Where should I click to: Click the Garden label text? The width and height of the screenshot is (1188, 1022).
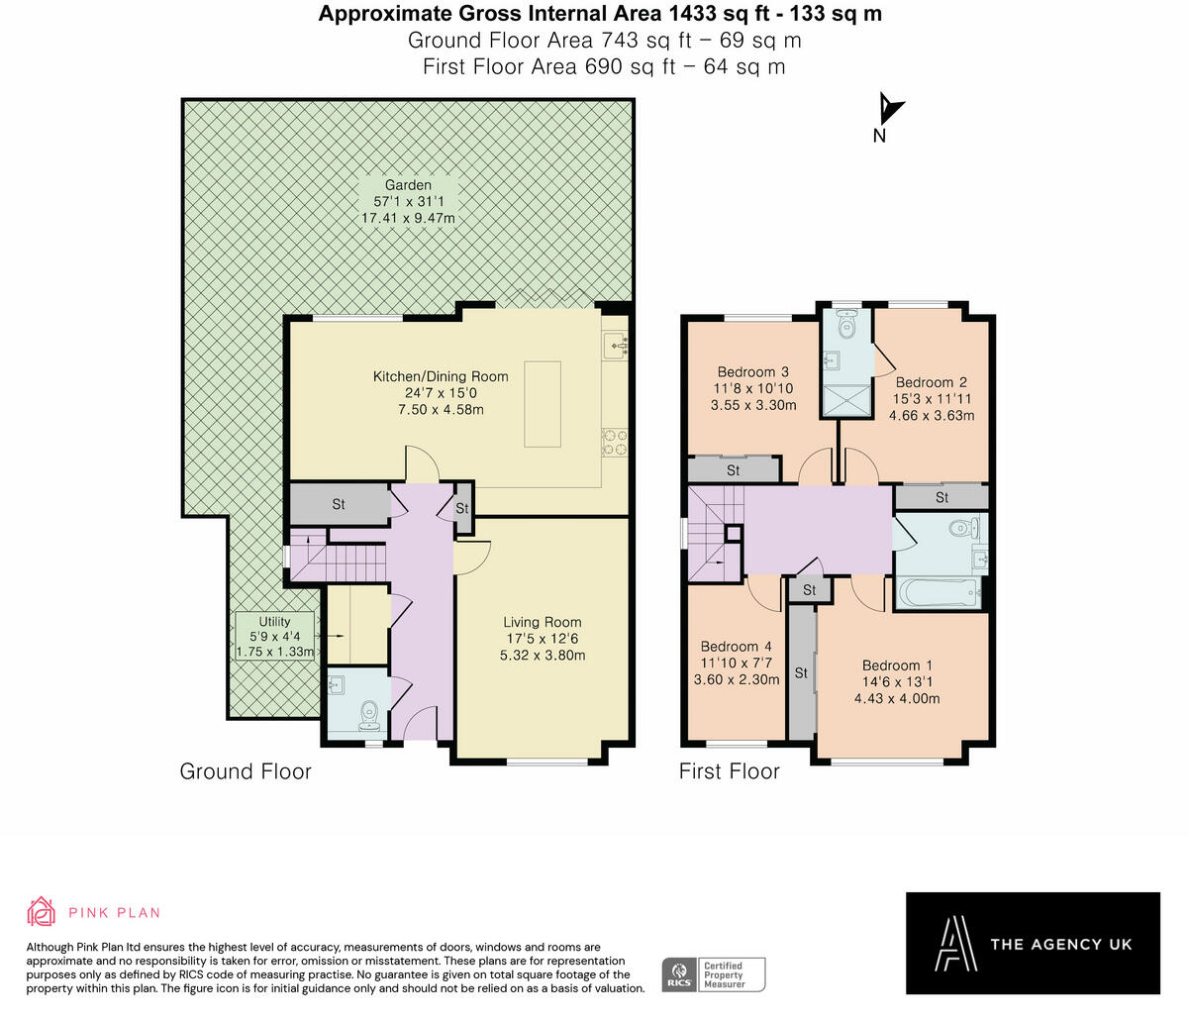(408, 185)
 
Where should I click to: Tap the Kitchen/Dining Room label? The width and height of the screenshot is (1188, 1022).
(441, 376)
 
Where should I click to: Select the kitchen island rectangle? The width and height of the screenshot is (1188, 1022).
(542, 404)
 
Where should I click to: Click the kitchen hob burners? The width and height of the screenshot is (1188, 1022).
(614, 442)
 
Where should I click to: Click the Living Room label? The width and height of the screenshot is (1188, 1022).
(543, 623)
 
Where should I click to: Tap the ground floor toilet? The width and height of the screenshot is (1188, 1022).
(370, 713)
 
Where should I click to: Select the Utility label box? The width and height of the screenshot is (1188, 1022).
(274, 637)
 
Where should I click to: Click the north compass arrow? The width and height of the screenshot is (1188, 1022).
(889, 110)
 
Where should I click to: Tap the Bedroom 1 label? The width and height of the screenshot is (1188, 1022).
(897, 665)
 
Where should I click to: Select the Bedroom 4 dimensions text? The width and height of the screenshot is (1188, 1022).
(740, 671)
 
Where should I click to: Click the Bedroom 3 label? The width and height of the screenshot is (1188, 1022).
(752, 372)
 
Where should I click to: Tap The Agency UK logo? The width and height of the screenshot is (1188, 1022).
(1033, 943)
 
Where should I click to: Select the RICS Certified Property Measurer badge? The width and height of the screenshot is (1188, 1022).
(714, 973)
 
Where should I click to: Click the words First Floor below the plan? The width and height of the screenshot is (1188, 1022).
(729, 771)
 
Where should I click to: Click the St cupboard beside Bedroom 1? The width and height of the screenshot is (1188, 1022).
(801, 673)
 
